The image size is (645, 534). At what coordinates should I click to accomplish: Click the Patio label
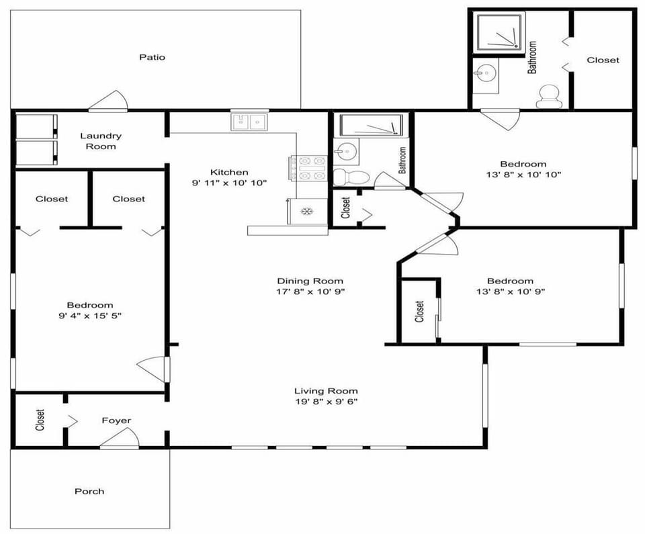pyautogui.click(x=152, y=57)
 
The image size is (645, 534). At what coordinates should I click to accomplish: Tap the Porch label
pyautogui.click(x=89, y=491)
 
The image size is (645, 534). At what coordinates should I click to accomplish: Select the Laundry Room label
pyautogui.click(x=101, y=141)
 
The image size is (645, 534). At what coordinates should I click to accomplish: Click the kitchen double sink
pyautogui.click(x=249, y=122)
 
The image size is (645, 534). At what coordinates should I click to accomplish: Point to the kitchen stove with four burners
pyautogui.click(x=308, y=168)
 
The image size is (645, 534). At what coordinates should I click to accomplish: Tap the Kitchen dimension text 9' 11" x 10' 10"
pyautogui.click(x=230, y=183)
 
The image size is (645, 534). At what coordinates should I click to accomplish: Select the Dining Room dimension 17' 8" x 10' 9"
pyautogui.click(x=310, y=292)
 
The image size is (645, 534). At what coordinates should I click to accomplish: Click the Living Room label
pyautogui.click(x=326, y=391)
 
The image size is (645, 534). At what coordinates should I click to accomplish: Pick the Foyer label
pyautogui.click(x=116, y=420)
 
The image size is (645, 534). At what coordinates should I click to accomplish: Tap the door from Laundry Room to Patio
pyautogui.click(x=107, y=101)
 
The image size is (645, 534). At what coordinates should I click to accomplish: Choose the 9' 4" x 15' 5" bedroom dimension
pyautogui.click(x=89, y=316)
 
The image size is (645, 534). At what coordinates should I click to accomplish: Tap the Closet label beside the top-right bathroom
pyautogui.click(x=603, y=60)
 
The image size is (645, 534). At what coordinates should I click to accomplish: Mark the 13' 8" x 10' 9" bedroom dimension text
pyautogui.click(x=511, y=292)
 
